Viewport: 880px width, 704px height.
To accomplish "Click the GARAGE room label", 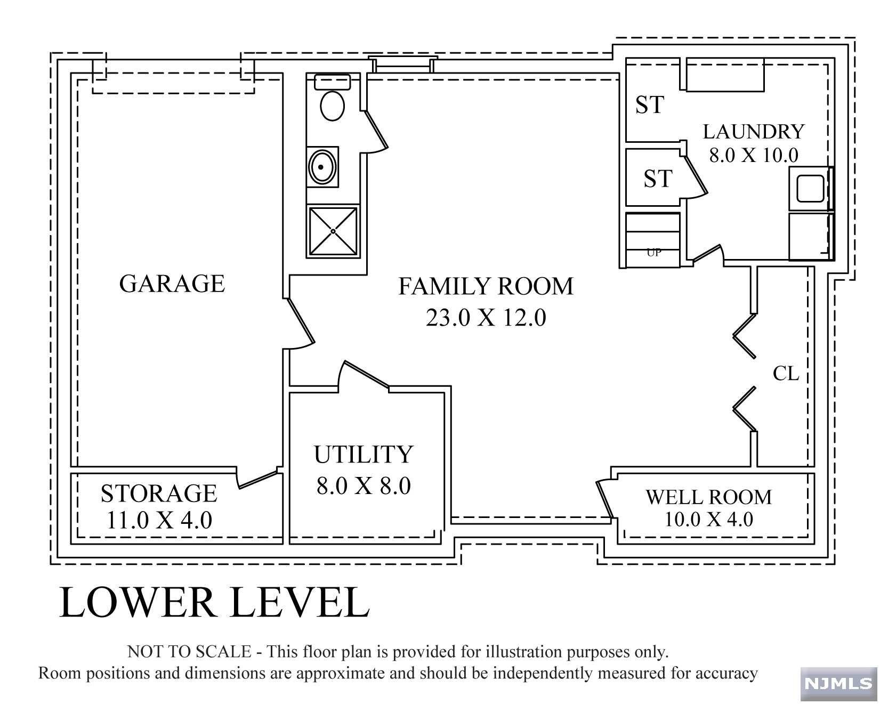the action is [x=172, y=284].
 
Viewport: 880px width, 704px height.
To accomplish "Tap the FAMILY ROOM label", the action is [x=486, y=286].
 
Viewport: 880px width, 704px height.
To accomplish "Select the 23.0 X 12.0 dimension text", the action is [x=486, y=318].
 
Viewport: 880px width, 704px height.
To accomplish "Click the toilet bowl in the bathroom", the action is [x=332, y=106].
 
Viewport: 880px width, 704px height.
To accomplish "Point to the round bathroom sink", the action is [x=322, y=166].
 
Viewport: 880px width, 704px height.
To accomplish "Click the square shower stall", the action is [x=333, y=231].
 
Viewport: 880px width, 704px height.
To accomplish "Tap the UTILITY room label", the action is [x=364, y=455].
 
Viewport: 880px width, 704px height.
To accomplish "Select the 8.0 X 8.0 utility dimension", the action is [x=364, y=486].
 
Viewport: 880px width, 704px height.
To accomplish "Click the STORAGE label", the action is [x=159, y=493].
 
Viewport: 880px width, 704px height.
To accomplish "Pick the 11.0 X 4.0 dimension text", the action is [x=159, y=520].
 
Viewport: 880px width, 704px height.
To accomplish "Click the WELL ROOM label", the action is [x=708, y=497].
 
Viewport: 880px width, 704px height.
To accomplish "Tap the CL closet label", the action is [x=786, y=374].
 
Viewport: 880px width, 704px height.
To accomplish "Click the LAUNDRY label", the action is [x=753, y=131].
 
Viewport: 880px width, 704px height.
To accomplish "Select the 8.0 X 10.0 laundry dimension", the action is [x=753, y=155].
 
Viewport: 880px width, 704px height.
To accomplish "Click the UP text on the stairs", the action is [x=653, y=253].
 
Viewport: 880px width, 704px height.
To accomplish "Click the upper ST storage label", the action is [x=649, y=105].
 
